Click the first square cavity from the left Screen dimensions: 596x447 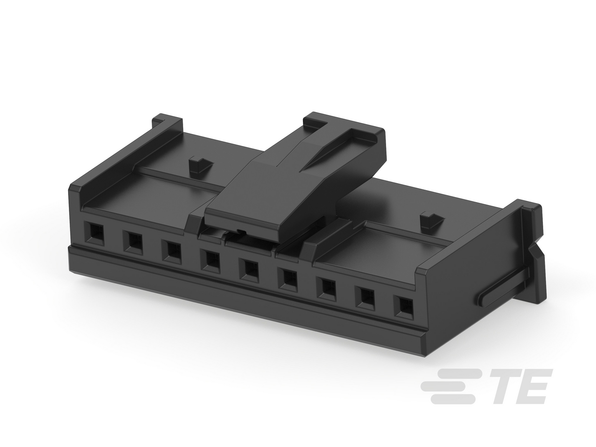pyautogui.click(x=94, y=232)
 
